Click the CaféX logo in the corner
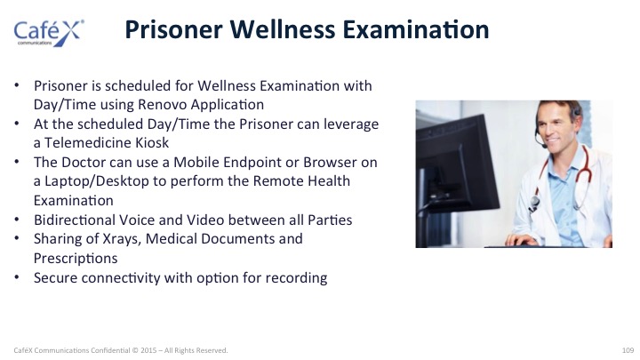pos(49,33)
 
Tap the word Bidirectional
pos(75,220)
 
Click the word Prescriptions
pos(76,259)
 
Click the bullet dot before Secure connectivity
pos(17,277)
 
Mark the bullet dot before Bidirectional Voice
pos(17,220)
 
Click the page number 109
pos(628,350)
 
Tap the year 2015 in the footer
pos(148,350)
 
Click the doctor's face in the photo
pos(556,125)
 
